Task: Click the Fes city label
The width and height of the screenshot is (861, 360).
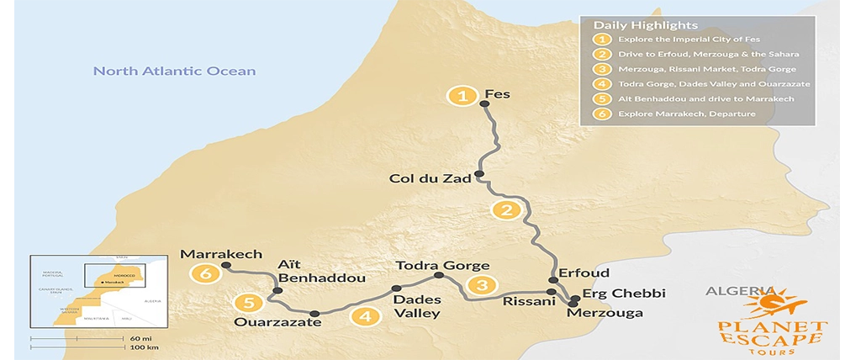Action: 499,94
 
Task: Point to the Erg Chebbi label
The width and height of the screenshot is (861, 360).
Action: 623,294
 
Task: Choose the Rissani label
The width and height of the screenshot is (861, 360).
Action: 526,301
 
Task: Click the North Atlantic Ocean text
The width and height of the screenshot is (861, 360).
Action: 174,71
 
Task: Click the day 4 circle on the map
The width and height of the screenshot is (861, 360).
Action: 365,317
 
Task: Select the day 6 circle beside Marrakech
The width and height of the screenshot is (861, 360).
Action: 203,273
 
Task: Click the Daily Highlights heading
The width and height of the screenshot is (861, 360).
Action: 634,25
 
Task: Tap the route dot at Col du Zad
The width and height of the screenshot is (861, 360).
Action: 478,175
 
